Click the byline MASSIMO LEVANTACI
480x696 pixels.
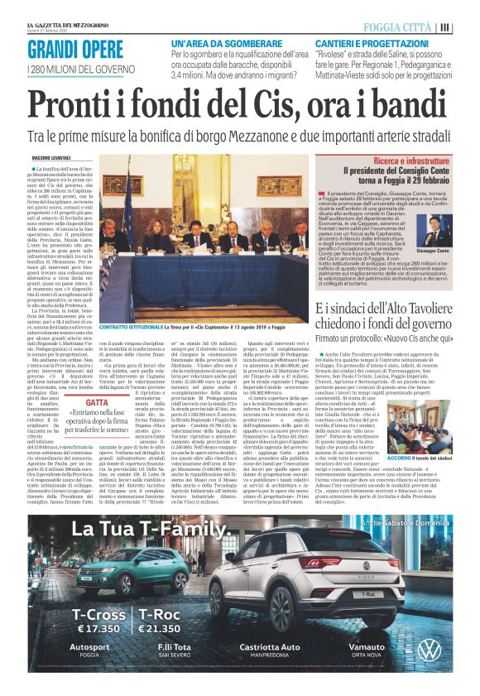tap(51, 156)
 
